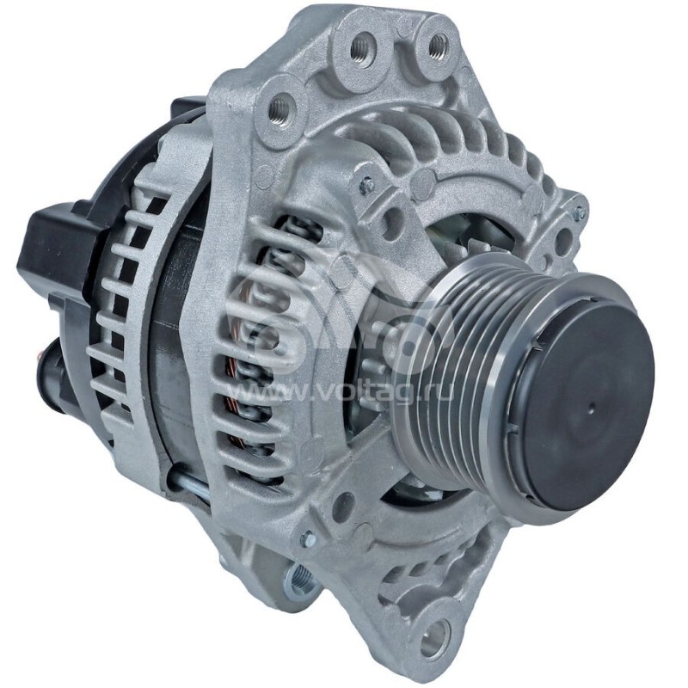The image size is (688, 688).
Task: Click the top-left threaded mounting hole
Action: click(x=280, y=109)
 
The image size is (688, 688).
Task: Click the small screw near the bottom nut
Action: click(x=307, y=540)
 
